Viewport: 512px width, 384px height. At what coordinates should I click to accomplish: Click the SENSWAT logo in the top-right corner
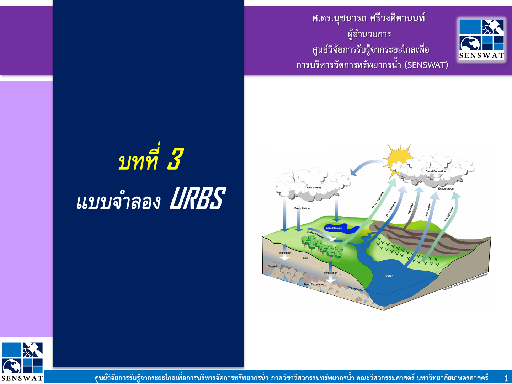481,39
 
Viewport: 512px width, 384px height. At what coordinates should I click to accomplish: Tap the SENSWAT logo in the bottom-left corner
22,362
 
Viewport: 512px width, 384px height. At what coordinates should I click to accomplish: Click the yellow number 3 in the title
175,159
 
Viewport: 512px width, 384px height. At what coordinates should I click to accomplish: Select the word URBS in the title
197,198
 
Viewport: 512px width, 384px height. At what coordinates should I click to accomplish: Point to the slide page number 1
506,378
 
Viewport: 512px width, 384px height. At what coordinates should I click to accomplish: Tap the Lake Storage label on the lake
334,228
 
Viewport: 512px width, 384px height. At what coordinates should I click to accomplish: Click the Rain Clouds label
314,188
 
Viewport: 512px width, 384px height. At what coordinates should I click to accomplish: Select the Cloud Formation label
436,171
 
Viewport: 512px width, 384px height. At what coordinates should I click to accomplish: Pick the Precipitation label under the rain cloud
302,208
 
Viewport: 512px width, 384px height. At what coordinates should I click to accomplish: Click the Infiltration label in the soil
285,253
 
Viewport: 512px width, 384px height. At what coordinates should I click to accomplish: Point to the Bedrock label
273,266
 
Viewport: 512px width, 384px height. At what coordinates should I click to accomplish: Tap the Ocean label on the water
389,276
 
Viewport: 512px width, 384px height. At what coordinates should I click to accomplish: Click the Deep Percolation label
314,284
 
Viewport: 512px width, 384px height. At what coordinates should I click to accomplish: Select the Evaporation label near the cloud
446,189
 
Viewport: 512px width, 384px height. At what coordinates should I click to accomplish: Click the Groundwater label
355,289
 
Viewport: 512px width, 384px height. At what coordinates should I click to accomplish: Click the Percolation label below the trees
331,273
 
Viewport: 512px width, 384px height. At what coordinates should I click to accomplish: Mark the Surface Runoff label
315,234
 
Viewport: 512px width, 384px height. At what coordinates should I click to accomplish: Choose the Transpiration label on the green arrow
449,214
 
